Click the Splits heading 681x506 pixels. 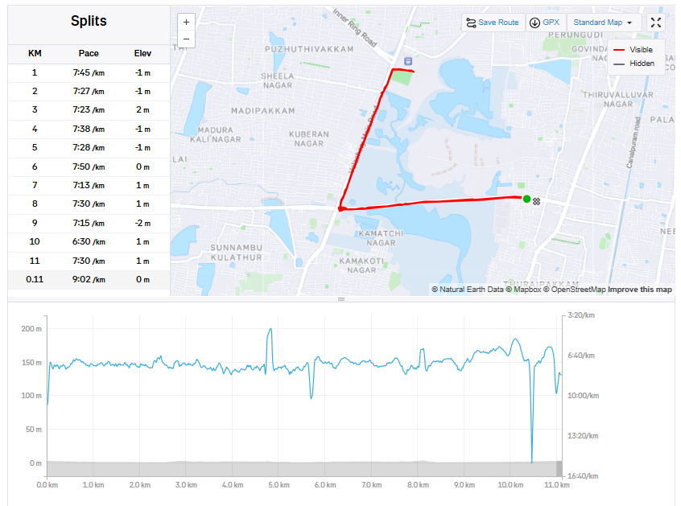point(89,22)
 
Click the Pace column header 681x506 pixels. point(89,54)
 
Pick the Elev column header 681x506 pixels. point(142,54)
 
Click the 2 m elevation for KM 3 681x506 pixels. point(142,110)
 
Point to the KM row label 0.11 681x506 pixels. point(35,280)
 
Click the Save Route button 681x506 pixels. point(493,23)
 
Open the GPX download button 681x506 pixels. point(545,23)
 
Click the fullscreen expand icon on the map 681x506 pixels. point(656,23)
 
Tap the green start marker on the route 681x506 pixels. point(526,199)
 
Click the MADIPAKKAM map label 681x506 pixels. point(262,111)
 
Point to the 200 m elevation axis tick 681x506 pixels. point(31,329)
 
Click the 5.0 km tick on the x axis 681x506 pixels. point(279,485)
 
